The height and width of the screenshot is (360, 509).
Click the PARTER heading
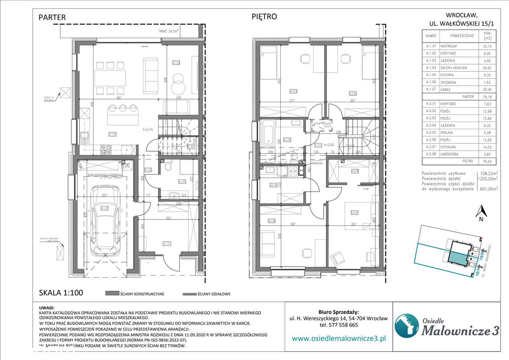click(52, 18)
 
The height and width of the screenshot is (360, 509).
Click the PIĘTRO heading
click(264, 17)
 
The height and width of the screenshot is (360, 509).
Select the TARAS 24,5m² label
click(167, 30)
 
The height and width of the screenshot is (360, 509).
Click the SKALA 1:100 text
click(61, 293)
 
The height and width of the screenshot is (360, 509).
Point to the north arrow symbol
click(480, 211)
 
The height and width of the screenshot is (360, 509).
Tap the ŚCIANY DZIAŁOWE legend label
click(214, 294)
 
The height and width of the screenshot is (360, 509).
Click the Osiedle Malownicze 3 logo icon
click(406, 325)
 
